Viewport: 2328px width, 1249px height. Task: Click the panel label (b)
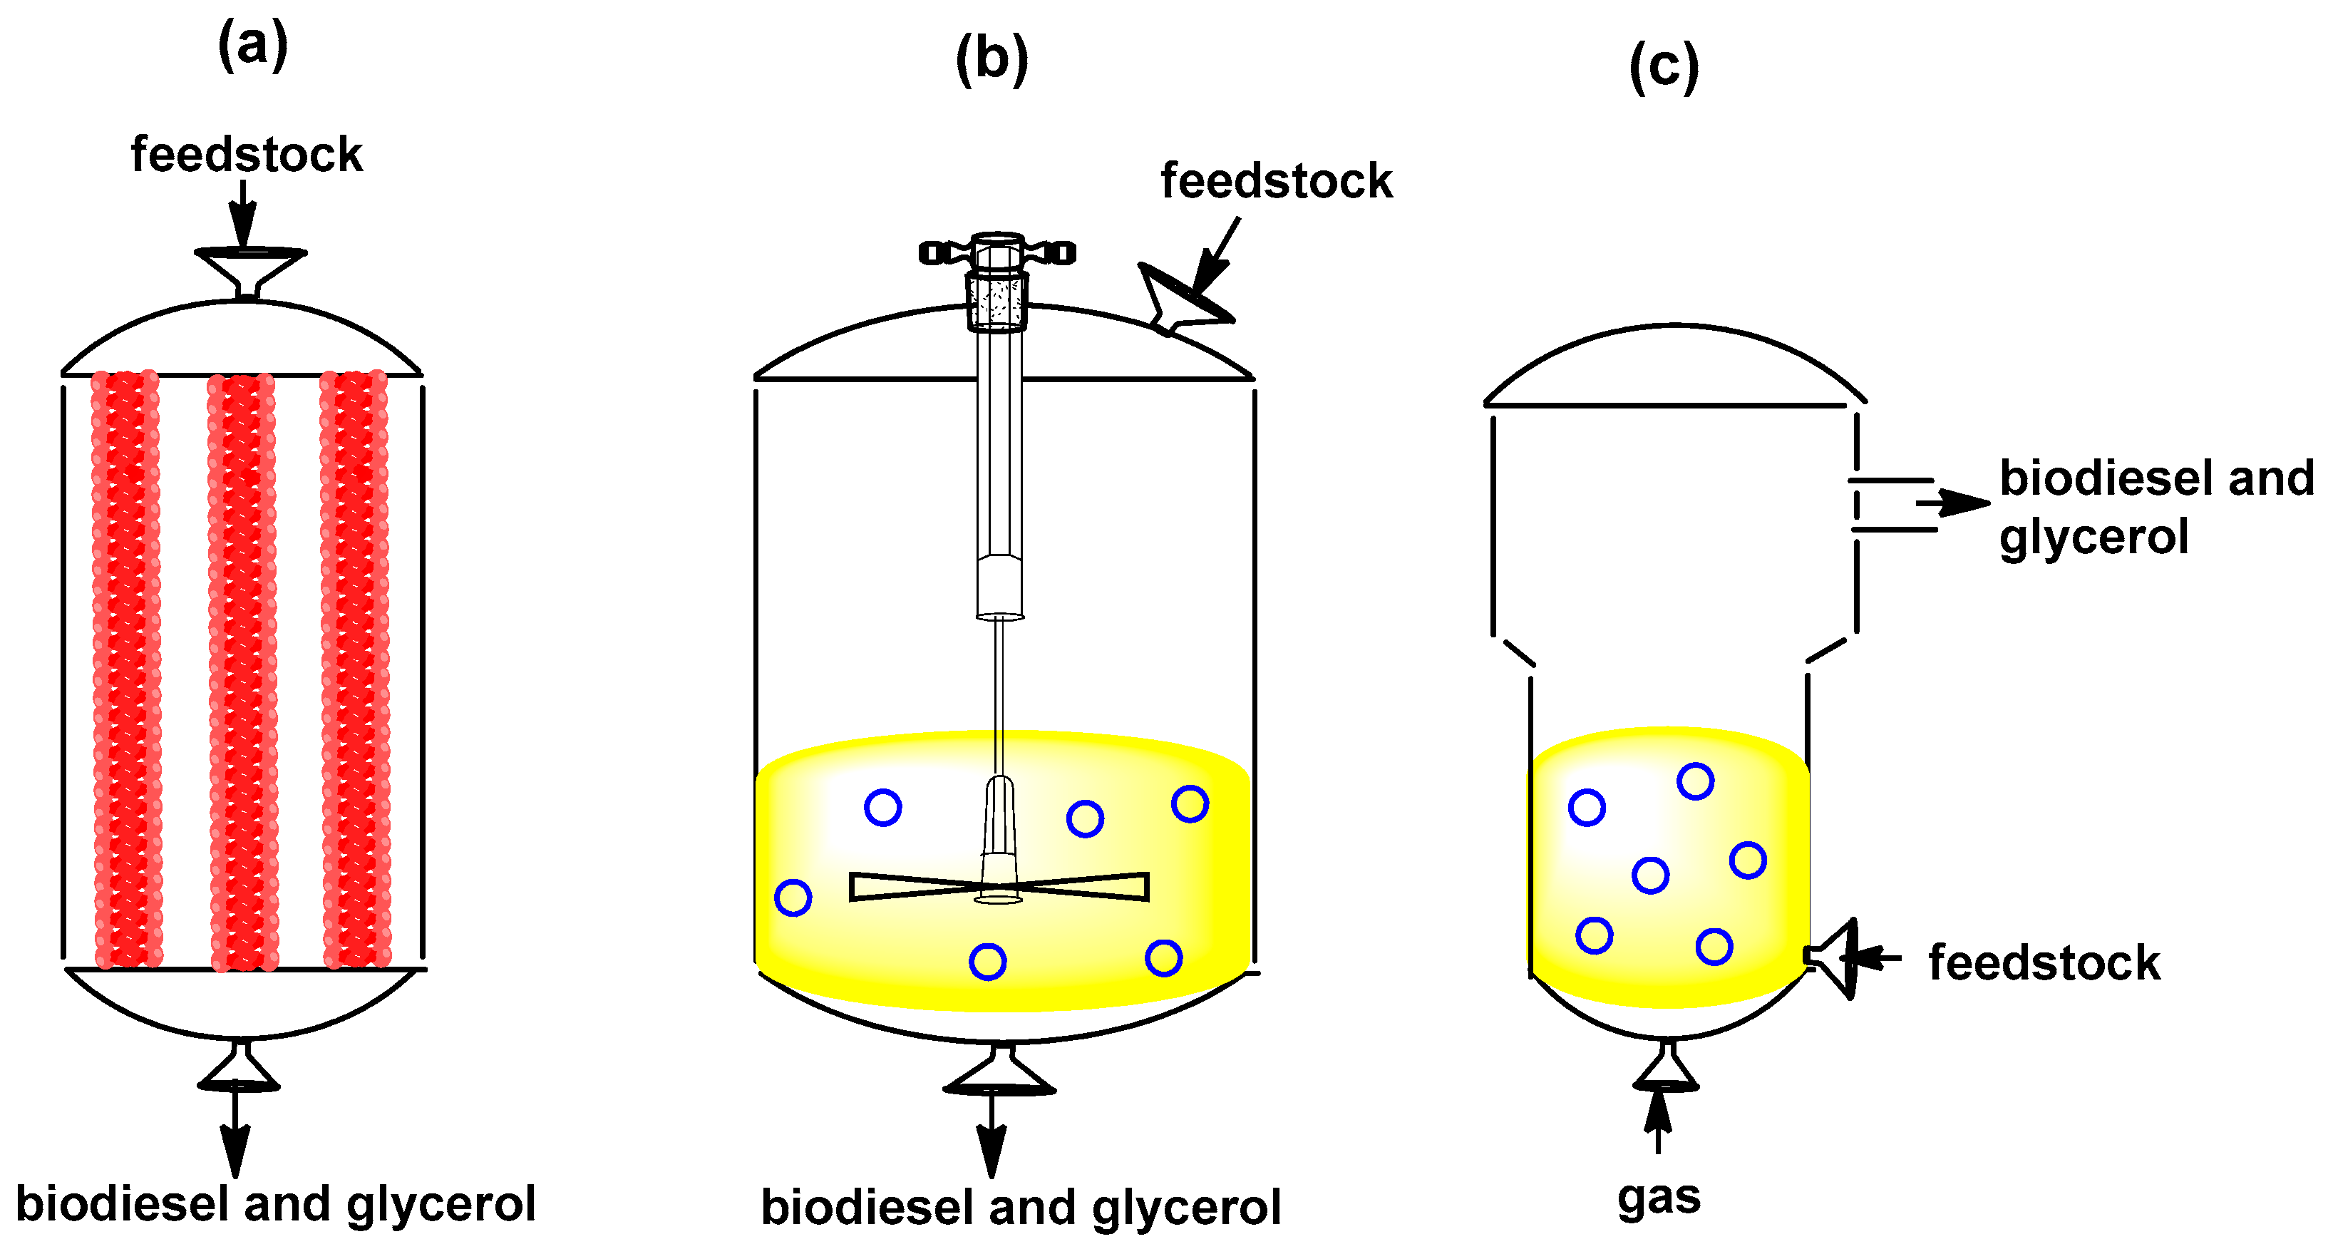pos(992,60)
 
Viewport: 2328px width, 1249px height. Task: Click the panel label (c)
pos(1664,67)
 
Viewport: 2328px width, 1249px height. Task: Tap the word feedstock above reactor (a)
pos(246,155)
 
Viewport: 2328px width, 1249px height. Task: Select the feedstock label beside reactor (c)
pos(2044,962)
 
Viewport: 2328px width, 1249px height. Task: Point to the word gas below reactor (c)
pos(1659,1198)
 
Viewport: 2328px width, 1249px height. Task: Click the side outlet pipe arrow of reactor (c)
pos(1952,503)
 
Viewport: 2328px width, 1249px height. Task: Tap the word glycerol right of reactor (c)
pos(2093,538)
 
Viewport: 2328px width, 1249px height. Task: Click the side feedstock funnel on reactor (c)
pos(1835,957)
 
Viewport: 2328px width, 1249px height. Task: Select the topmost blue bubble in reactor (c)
pos(1695,781)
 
